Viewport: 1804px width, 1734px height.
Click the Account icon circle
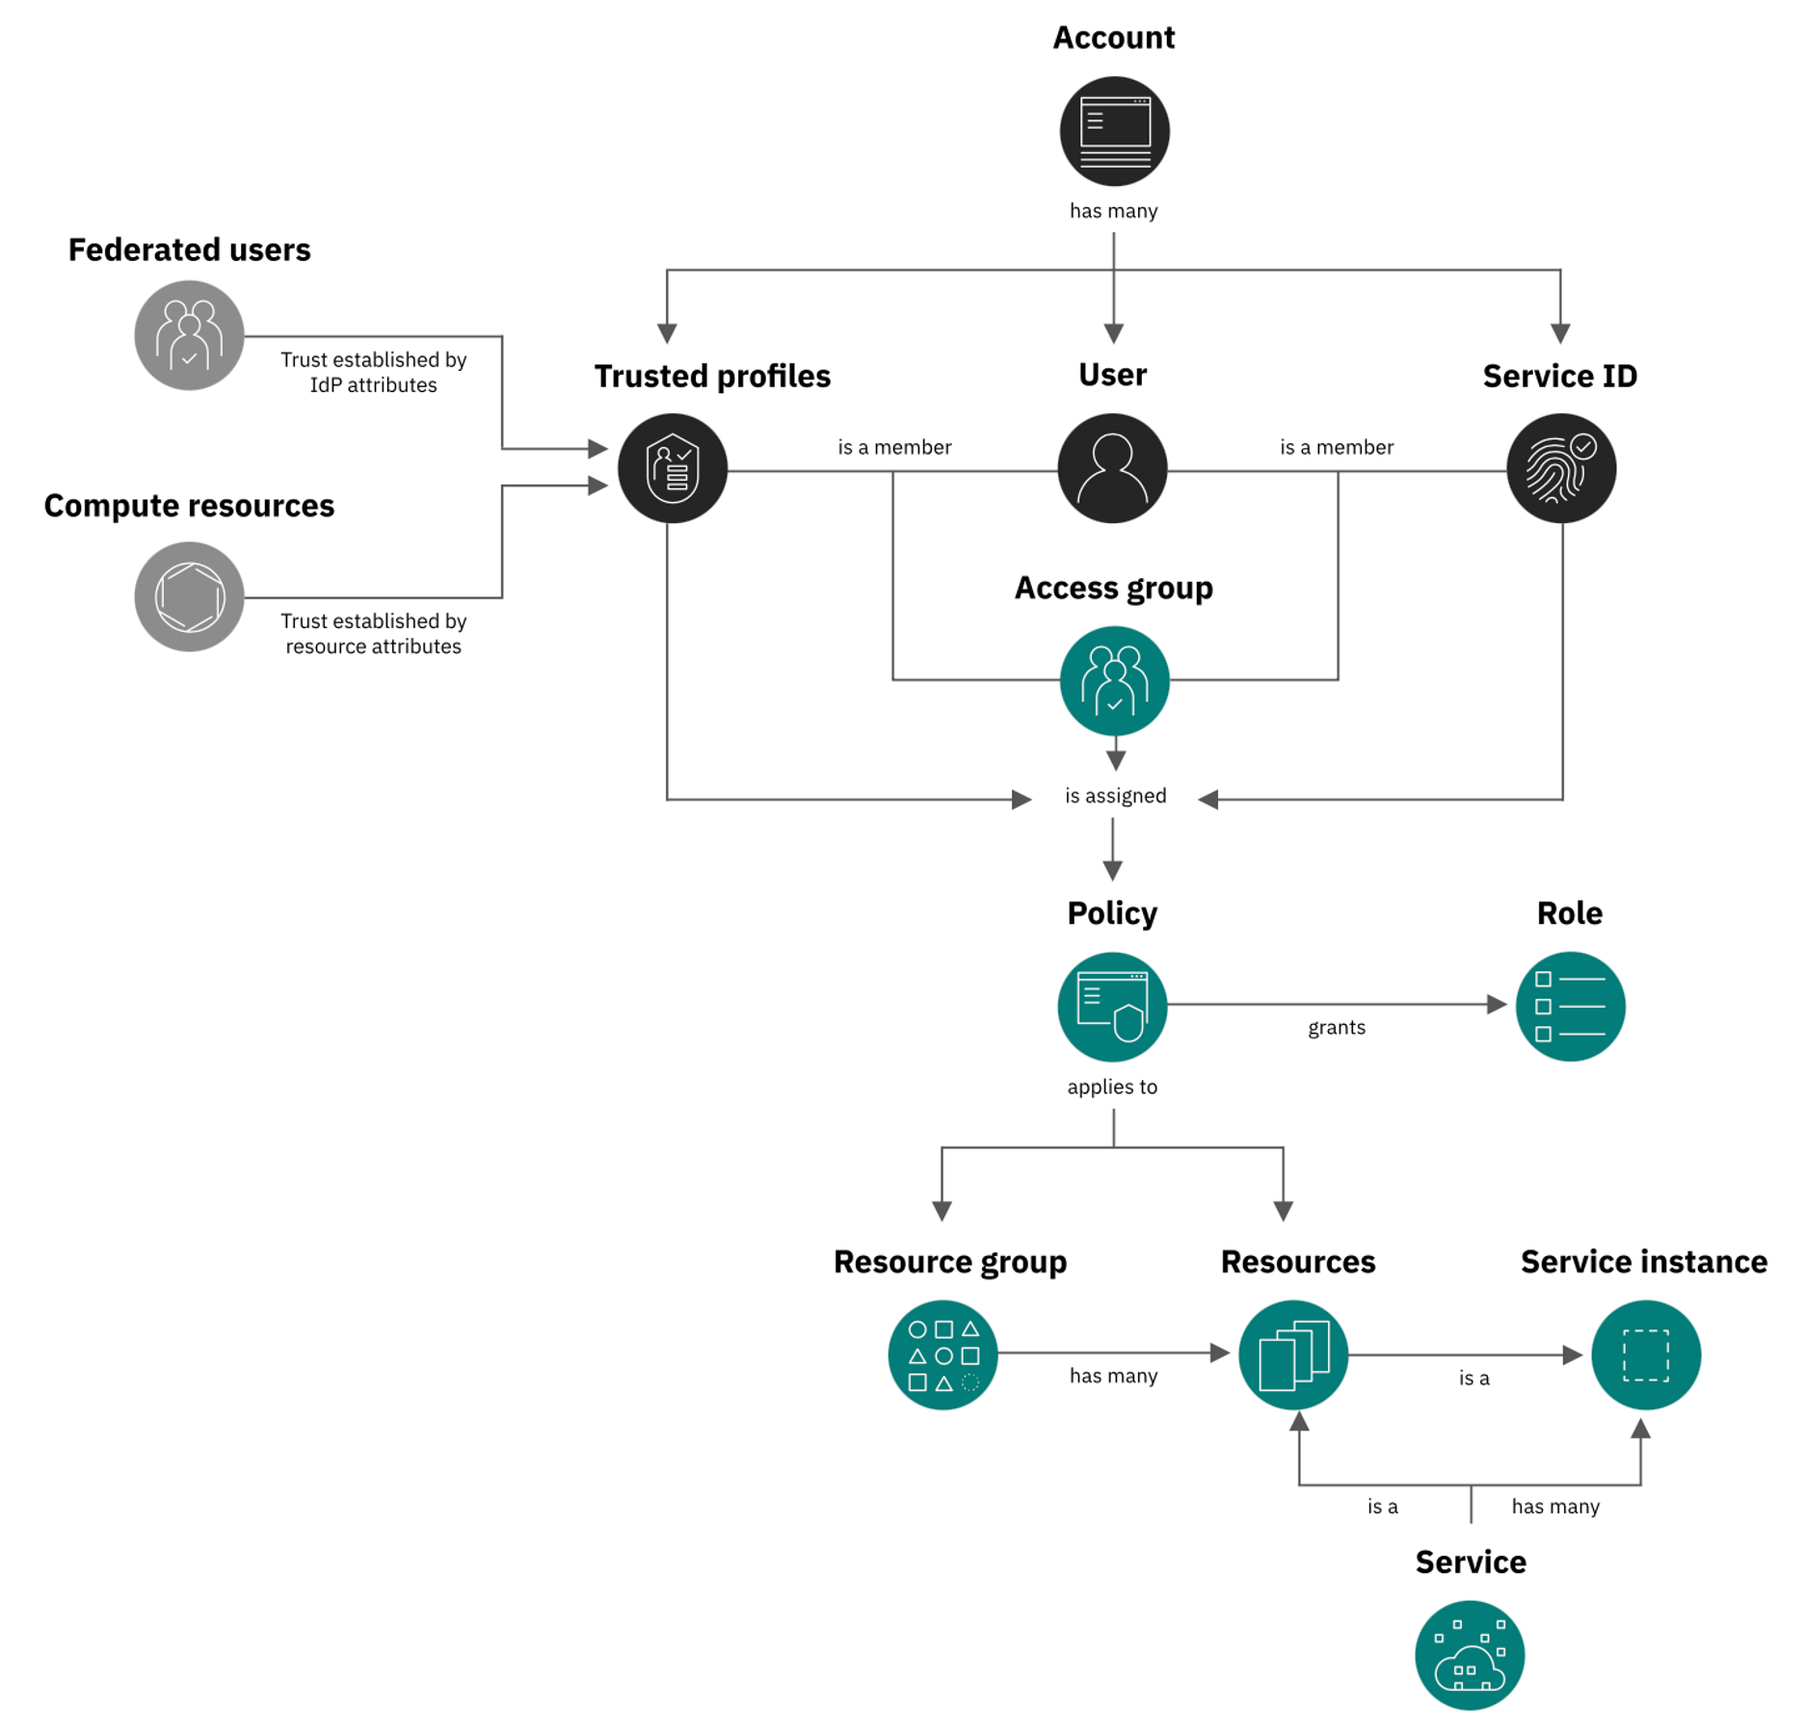click(1114, 131)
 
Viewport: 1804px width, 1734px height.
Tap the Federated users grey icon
click(189, 335)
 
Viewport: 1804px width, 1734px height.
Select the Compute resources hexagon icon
click(189, 596)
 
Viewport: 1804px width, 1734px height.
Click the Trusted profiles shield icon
click(672, 468)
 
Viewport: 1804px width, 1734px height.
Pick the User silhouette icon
click(1112, 468)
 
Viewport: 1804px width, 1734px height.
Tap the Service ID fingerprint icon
click(1560, 468)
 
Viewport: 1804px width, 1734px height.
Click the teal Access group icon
click(1114, 681)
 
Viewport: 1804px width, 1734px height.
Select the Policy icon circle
click(1112, 1007)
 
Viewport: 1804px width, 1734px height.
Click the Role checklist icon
click(1570, 1007)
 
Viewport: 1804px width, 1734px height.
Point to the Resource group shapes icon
click(942, 1355)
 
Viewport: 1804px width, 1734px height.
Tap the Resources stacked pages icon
click(1293, 1355)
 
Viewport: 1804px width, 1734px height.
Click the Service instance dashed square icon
click(1645, 1355)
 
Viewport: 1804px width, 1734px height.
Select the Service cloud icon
click(1470, 1655)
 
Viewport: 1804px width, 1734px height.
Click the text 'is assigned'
click(1115, 796)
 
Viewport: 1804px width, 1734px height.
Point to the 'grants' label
click(1336, 1028)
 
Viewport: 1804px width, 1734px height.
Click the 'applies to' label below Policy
click(1112, 1087)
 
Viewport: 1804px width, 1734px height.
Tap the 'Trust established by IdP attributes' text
click(373, 372)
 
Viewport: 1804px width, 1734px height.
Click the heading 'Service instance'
click(1643, 1262)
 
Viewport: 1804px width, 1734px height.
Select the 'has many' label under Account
click(1113, 211)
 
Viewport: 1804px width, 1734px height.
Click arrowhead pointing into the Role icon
click(1497, 1005)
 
